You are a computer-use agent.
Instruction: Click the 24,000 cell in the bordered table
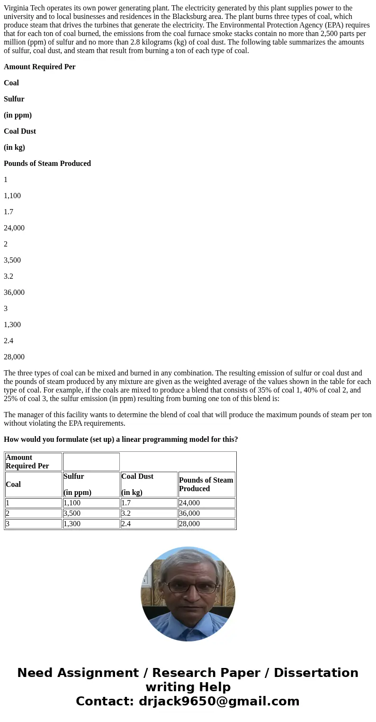[189, 503]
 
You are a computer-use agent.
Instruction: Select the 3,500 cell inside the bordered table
[72, 513]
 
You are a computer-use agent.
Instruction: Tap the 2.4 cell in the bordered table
[126, 524]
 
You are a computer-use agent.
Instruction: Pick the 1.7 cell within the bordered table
[126, 503]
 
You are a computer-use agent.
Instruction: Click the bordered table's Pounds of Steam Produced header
[206, 484]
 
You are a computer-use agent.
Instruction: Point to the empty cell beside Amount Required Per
[91, 462]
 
